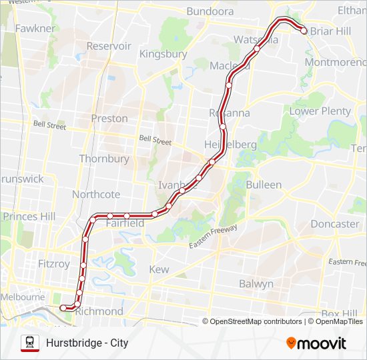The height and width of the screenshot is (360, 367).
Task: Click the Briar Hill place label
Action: [332, 31]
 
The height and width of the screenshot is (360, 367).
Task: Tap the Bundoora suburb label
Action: [210, 11]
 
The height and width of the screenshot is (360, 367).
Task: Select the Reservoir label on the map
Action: [109, 46]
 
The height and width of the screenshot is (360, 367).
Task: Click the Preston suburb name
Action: [109, 119]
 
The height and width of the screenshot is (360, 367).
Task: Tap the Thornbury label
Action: [103, 159]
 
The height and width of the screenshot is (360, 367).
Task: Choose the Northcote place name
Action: [96, 195]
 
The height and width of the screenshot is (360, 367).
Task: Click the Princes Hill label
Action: [29, 216]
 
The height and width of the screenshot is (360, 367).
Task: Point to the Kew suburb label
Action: [159, 269]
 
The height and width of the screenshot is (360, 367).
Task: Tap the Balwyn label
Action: [256, 284]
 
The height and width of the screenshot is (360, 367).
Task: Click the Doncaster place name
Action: [334, 224]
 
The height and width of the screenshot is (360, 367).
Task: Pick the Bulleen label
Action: [264, 184]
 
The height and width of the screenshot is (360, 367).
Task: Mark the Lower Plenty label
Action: [320, 111]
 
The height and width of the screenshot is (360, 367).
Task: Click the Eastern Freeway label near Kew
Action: [213, 237]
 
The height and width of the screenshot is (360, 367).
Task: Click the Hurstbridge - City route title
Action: [87, 343]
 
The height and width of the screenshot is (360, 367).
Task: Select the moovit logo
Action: [316, 343]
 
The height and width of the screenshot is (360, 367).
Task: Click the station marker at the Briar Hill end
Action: [304, 30]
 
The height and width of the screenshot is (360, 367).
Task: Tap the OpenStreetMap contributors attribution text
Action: [256, 321]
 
